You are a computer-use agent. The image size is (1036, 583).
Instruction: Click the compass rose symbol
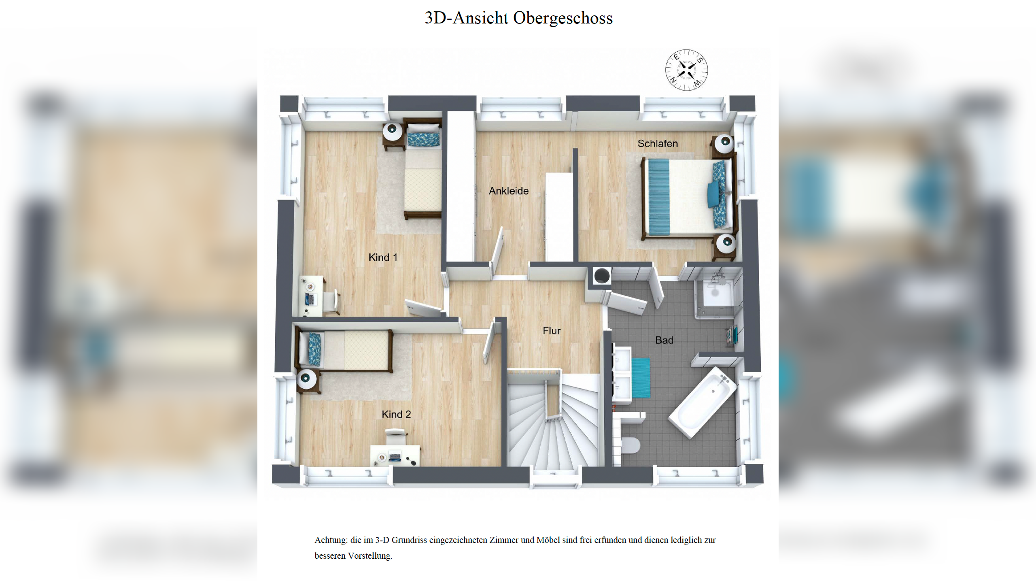(686, 70)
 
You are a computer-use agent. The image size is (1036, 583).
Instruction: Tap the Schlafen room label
(657, 143)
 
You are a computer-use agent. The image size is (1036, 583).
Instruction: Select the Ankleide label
(508, 191)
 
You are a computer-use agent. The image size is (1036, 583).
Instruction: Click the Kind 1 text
(382, 257)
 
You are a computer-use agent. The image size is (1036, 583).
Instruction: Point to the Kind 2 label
(396, 414)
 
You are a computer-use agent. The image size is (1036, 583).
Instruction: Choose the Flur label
(551, 331)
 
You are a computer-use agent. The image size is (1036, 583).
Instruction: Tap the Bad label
(664, 340)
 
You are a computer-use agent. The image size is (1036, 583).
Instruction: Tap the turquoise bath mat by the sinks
(641, 378)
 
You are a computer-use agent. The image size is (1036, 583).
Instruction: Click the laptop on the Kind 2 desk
(395, 457)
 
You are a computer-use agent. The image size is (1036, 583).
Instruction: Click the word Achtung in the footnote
(331, 540)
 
